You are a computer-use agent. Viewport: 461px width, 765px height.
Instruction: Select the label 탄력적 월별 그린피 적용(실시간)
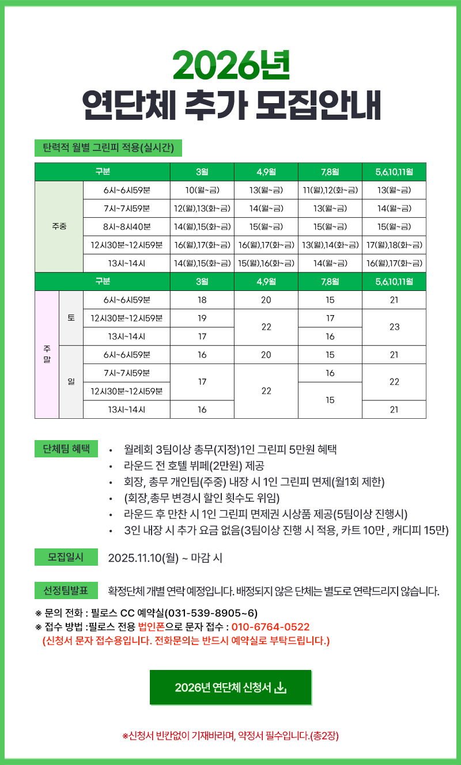pyautogui.click(x=108, y=148)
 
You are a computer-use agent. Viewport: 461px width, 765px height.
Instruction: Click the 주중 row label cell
pyautogui.click(x=59, y=226)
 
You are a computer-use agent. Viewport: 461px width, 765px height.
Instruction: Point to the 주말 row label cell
pyautogui.click(x=47, y=354)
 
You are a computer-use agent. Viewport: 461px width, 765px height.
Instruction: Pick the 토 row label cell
pyautogui.click(x=71, y=318)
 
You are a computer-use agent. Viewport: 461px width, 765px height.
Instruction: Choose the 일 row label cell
pyautogui.click(x=71, y=382)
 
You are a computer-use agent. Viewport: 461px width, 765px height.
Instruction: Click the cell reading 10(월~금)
pyautogui.click(x=202, y=190)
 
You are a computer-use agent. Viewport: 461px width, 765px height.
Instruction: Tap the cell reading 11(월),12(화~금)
pyautogui.click(x=330, y=190)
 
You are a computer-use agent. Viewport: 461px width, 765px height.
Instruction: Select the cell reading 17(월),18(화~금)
pyautogui.click(x=394, y=245)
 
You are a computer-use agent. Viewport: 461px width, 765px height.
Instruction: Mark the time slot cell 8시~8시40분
pyautogui.click(x=126, y=226)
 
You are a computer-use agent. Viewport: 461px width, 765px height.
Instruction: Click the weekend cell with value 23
pyautogui.click(x=394, y=327)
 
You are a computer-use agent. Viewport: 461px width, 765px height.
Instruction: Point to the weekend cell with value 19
pyautogui.click(x=202, y=318)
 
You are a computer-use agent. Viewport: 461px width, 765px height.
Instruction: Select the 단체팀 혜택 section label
pyautogui.click(x=66, y=449)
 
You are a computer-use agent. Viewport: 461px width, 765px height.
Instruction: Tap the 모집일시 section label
pyautogui.click(x=66, y=557)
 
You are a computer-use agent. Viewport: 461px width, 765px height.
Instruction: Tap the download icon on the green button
pyautogui.click(x=281, y=687)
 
